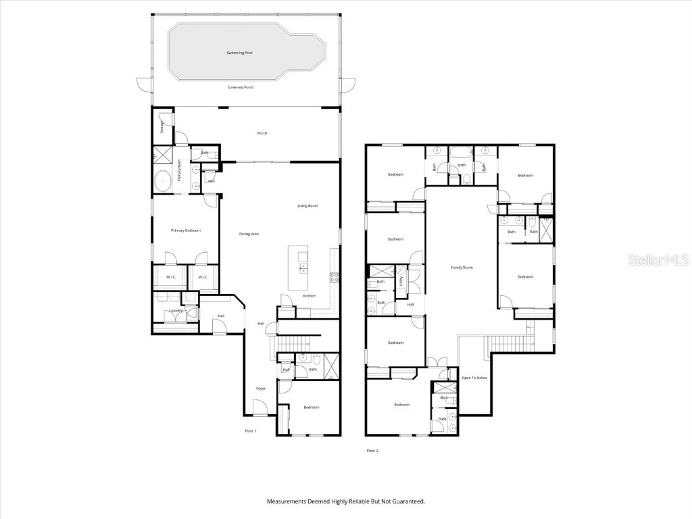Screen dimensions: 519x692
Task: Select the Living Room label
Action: pos(307,205)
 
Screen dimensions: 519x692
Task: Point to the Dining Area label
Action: pos(249,234)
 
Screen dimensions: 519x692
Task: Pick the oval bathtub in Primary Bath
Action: pos(163,180)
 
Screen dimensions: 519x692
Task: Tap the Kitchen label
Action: pos(310,296)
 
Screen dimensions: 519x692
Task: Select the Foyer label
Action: pos(261,389)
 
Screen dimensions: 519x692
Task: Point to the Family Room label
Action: pos(462,268)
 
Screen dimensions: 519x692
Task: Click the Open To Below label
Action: pos(474,378)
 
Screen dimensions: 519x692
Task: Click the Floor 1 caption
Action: pos(251,430)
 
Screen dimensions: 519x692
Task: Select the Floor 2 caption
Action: pos(372,450)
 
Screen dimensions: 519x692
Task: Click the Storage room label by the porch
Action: pos(162,128)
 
